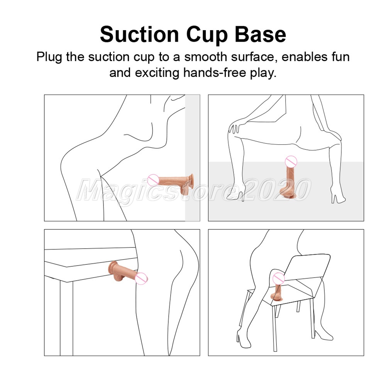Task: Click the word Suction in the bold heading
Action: [x=139, y=34]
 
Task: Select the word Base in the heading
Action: [x=261, y=34]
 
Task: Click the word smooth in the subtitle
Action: [x=206, y=57]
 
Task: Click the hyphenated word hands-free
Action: [x=215, y=73]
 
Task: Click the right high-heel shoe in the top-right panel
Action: [x=338, y=197]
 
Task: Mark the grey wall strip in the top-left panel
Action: [x=192, y=158]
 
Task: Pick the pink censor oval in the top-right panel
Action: [x=291, y=162]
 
